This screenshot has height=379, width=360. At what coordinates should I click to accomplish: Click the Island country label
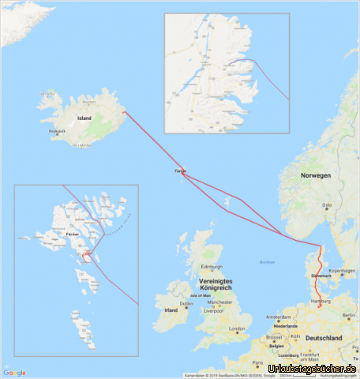click(x=84, y=118)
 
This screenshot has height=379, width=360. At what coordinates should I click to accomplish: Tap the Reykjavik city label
click(x=58, y=131)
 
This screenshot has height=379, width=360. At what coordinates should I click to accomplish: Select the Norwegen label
click(x=316, y=174)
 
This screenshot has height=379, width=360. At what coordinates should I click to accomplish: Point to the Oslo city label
click(x=327, y=206)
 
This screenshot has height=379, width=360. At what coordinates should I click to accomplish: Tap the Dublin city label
click(x=186, y=303)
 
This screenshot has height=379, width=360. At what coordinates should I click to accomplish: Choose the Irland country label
click(x=171, y=310)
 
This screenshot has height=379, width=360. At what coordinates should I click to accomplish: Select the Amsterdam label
click(x=279, y=317)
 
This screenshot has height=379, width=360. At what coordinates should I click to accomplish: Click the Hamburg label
click(x=321, y=302)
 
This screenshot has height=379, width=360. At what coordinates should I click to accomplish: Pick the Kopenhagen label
click(x=343, y=271)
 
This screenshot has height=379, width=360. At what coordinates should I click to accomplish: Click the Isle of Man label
click(x=201, y=295)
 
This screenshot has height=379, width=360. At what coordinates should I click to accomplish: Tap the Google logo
click(x=14, y=373)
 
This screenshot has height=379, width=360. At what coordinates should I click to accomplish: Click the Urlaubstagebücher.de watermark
click(x=313, y=369)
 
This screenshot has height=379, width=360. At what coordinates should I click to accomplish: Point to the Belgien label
click(x=276, y=345)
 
